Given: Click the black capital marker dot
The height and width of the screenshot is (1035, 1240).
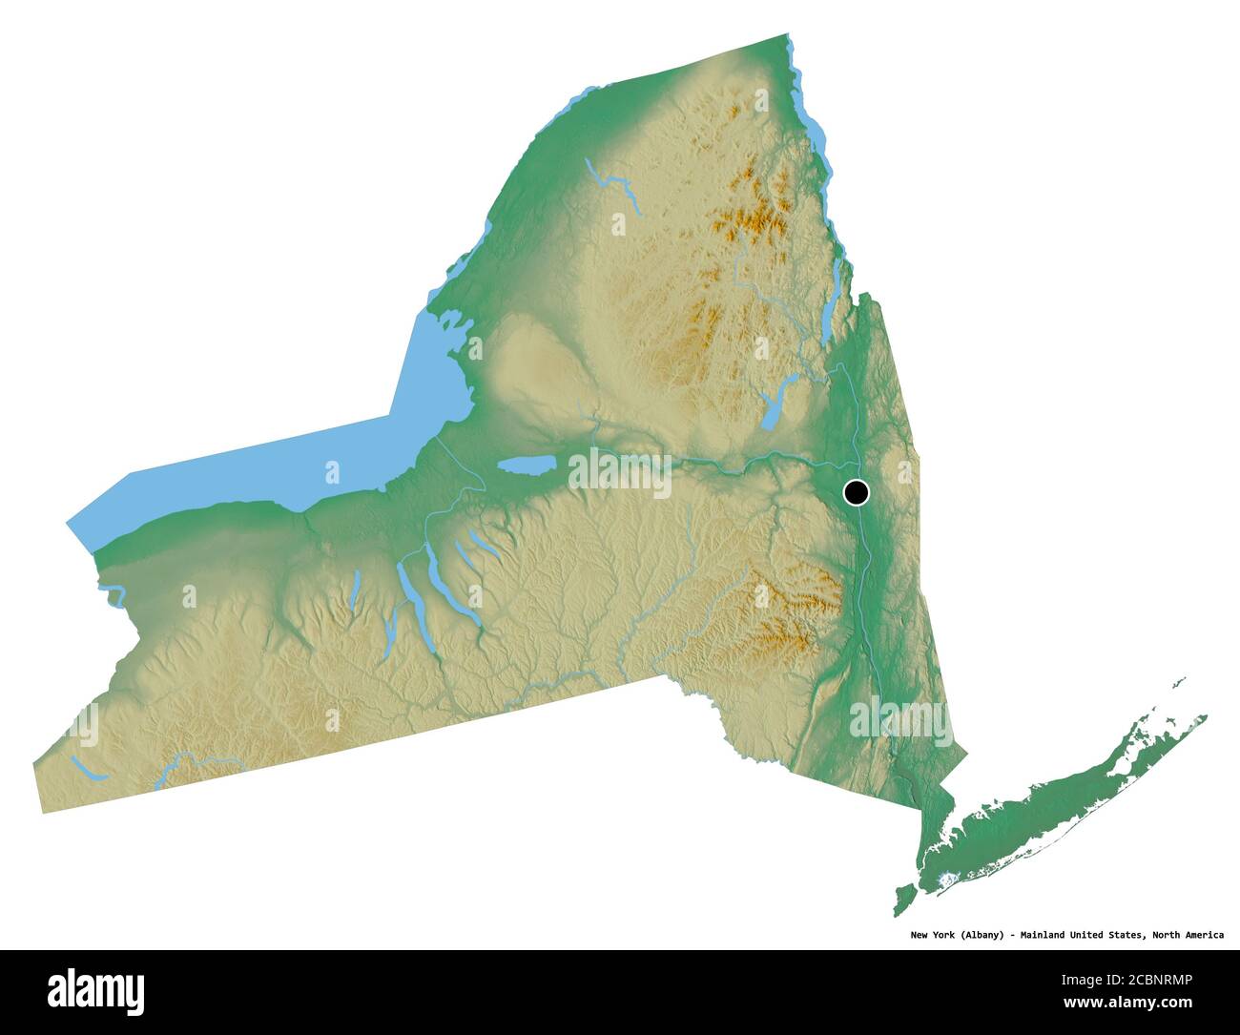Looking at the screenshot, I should pyautogui.click(x=857, y=492).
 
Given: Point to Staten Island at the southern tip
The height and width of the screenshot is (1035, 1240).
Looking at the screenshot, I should pyautogui.click(x=903, y=897).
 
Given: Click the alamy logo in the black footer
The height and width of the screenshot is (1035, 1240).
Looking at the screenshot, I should pyautogui.click(x=95, y=991).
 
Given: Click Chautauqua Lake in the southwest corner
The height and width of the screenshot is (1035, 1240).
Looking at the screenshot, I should pyautogui.click(x=85, y=768).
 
